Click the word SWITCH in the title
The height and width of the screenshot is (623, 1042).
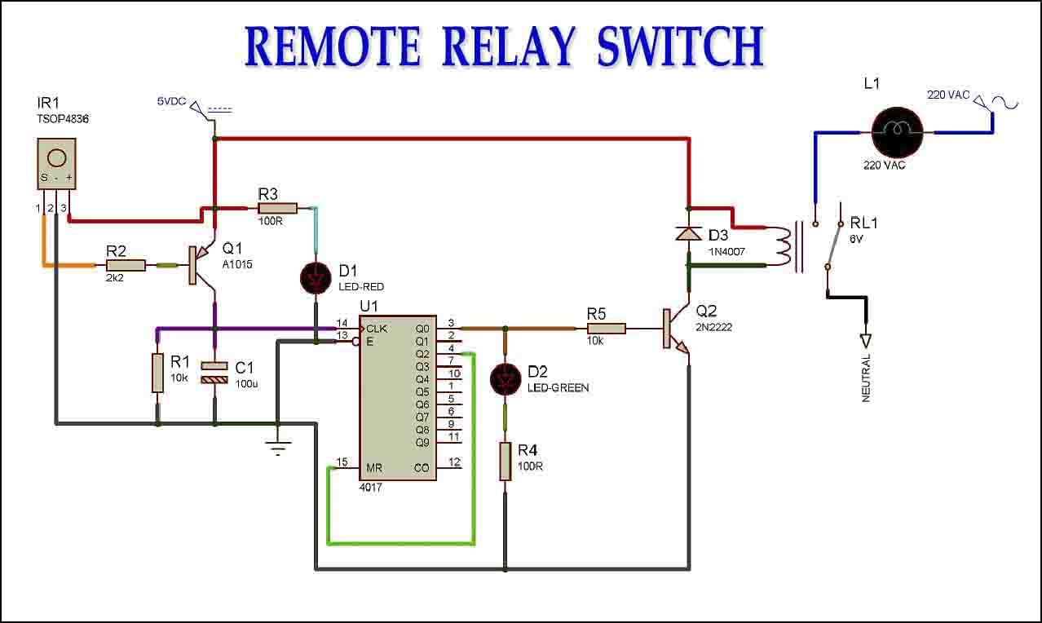click(681, 47)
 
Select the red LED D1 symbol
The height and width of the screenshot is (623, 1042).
click(316, 278)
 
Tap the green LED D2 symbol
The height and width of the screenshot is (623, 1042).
click(506, 380)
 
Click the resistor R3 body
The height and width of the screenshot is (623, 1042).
click(278, 209)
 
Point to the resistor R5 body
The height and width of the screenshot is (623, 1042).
click(607, 329)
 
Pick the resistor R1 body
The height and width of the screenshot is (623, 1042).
click(158, 373)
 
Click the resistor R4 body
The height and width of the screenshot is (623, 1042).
click(506, 462)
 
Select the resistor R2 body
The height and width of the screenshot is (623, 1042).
click(126, 266)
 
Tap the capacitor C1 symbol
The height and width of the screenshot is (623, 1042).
click(214, 373)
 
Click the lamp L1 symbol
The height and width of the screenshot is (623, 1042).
click(898, 133)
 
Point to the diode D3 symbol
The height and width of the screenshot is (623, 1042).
click(689, 233)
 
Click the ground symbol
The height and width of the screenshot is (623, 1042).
click(278, 448)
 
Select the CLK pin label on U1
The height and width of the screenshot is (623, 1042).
click(377, 329)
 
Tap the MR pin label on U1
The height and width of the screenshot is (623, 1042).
click(374, 467)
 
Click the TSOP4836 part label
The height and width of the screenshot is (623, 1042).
click(63, 119)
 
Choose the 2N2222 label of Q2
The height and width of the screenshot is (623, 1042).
click(714, 327)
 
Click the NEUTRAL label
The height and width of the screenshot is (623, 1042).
click(866, 378)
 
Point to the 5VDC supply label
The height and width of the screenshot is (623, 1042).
click(172, 101)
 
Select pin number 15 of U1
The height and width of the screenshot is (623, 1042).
click(342, 462)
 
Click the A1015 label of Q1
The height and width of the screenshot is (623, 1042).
click(237, 264)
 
